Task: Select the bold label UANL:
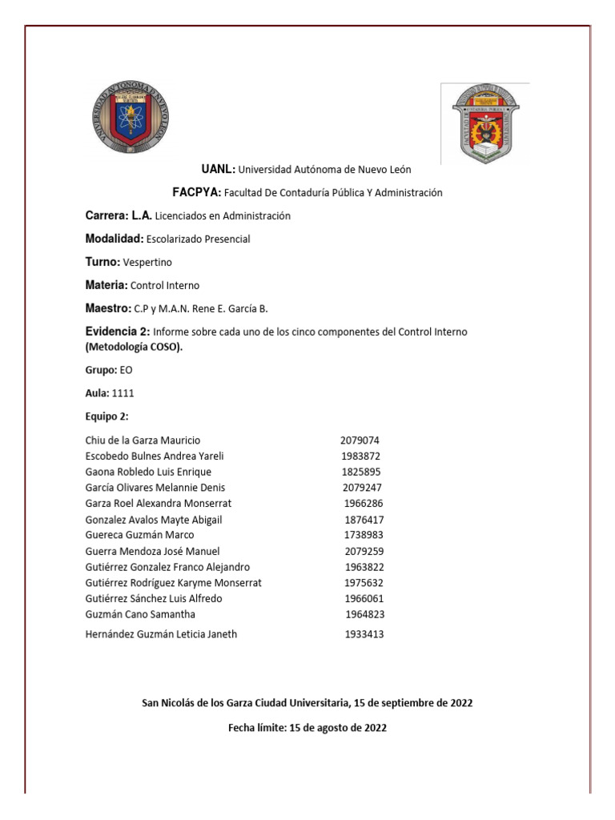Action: [x=218, y=169]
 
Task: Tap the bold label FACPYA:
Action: [x=197, y=192]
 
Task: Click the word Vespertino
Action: [x=147, y=262]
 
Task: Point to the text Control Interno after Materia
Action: [x=165, y=285]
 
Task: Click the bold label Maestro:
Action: [x=108, y=308]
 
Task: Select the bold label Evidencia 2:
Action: [x=117, y=332]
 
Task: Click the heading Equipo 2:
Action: [x=107, y=416]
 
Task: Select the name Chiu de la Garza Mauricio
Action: [x=143, y=440]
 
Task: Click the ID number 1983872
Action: [x=360, y=456]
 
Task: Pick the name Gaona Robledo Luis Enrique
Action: [x=148, y=472]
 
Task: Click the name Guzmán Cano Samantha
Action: [x=140, y=614]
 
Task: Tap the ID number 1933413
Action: [x=364, y=634]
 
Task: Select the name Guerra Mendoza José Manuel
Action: [x=152, y=551]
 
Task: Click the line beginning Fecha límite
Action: [x=307, y=728]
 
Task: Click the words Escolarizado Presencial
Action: [x=199, y=239]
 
